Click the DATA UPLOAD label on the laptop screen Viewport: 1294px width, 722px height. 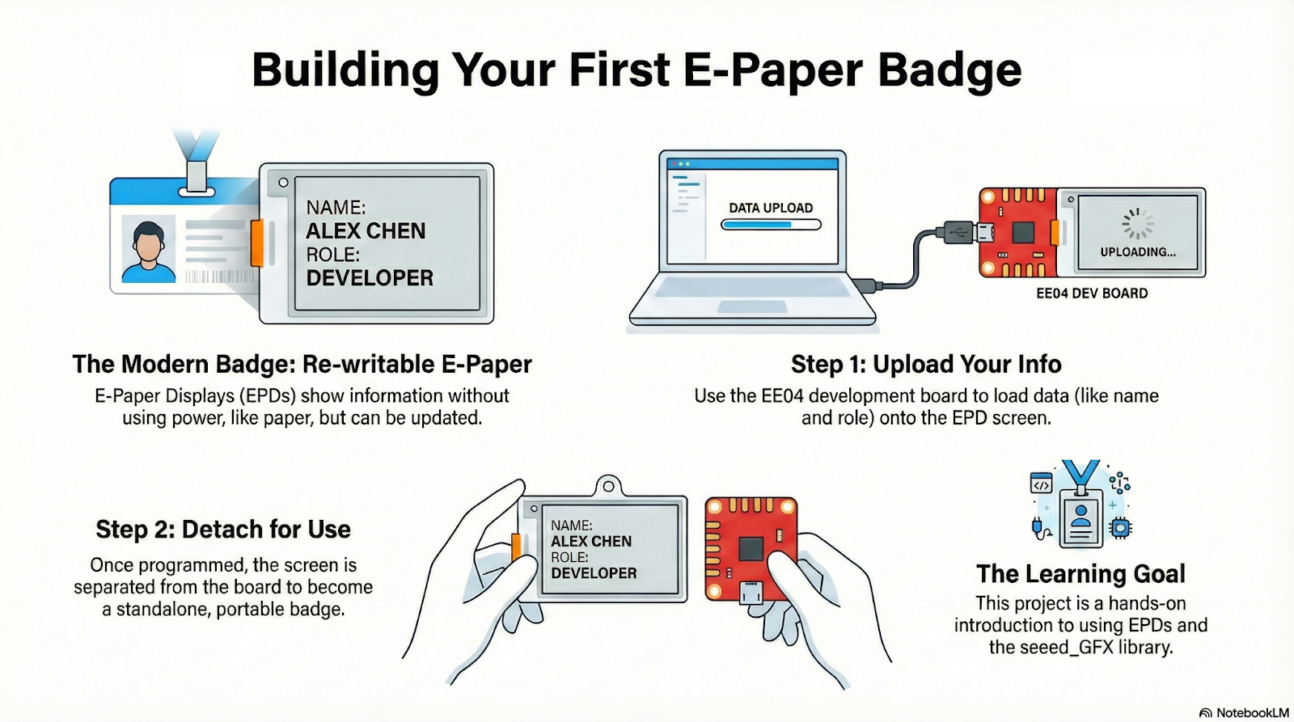tap(771, 208)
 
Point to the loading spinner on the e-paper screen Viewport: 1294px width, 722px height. tap(1137, 223)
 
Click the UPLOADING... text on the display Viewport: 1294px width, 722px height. tap(1137, 251)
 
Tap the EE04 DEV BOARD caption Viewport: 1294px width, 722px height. tap(1092, 293)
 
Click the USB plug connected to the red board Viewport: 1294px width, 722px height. tap(959, 232)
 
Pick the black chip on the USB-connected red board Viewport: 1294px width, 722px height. tap(1023, 232)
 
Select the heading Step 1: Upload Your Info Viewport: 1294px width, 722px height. tap(926, 365)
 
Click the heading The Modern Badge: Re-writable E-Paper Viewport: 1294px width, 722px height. tap(302, 365)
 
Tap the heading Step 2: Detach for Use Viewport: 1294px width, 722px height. tap(223, 529)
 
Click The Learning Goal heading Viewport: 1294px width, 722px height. tap(1080, 573)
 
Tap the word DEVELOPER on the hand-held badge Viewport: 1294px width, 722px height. tap(594, 573)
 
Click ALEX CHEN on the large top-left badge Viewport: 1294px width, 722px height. tap(365, 231)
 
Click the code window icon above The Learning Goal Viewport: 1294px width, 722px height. tap(1041, 483)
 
